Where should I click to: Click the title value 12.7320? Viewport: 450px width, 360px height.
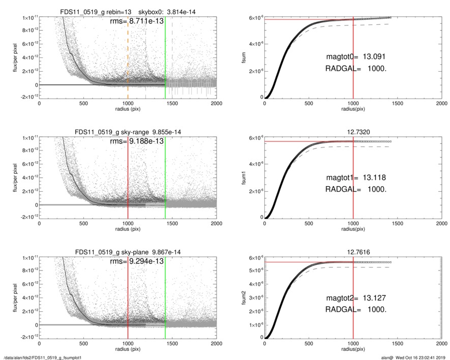click(x=353, y=132)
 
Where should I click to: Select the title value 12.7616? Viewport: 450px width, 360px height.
click(x=353, y=252)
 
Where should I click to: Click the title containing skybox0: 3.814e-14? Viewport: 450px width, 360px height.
click(x=128, y=12)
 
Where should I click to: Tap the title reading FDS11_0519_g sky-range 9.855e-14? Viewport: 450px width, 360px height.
click(x=128, y=132)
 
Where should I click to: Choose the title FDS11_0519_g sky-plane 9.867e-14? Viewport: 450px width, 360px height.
click(x=128, y=252)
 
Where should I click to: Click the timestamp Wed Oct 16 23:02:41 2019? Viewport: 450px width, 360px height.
click(x=419, y=357)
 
